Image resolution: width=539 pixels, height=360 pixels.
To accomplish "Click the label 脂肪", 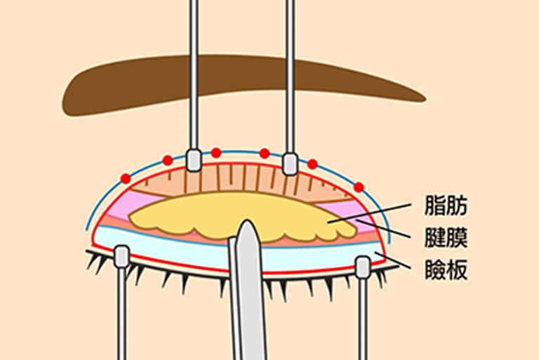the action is pos(446,206).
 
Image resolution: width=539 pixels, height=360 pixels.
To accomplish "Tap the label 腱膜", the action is pos(446,237).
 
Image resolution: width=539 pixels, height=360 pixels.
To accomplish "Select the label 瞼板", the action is pos(446,269).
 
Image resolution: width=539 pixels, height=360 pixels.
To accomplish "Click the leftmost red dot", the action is pos(126,179).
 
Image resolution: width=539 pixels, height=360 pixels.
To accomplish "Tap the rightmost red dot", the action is pos(359,187).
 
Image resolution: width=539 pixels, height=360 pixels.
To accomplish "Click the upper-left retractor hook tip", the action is pos(194,160).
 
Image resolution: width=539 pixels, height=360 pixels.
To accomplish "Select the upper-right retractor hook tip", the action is pos(290,164).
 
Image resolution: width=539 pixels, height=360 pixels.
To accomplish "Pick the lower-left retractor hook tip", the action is pos(121,257).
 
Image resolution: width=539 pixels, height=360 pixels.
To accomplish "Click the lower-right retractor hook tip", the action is pos(363,267).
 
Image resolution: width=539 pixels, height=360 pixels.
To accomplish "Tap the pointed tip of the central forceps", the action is pos(247,221).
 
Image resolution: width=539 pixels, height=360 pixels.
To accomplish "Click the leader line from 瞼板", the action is pos(392,260).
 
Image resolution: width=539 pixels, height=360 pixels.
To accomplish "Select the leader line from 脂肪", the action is pos(370,213).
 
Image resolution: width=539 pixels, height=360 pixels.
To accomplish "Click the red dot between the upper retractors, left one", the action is pos(216,153).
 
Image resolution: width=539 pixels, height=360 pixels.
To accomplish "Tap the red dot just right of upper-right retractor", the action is pos(312,164).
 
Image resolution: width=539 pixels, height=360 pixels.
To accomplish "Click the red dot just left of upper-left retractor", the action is pos(168,160).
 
